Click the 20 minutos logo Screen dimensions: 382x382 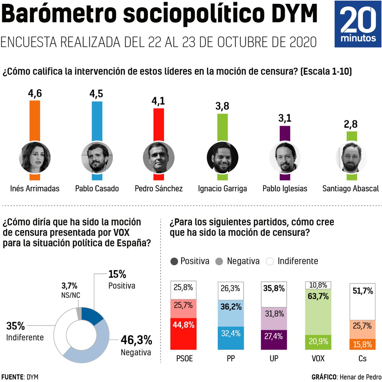358,24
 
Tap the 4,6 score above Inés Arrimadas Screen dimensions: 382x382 35,93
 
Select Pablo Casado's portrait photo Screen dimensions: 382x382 97,158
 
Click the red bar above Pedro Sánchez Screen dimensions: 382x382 159,124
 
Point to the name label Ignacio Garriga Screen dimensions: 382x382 222,189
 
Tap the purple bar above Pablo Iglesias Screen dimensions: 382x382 285,133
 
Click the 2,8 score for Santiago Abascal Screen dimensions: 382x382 350,124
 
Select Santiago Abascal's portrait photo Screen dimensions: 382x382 351,158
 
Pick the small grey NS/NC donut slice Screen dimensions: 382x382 78,313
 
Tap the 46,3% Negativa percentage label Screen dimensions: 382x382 136,340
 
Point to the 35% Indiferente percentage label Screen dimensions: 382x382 16,326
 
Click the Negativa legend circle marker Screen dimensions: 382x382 219,262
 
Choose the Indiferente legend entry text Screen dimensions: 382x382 298,261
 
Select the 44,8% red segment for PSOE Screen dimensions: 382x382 183,334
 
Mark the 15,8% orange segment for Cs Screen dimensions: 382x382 362,344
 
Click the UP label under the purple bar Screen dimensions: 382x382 274,359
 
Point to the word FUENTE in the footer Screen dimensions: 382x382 12,377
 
